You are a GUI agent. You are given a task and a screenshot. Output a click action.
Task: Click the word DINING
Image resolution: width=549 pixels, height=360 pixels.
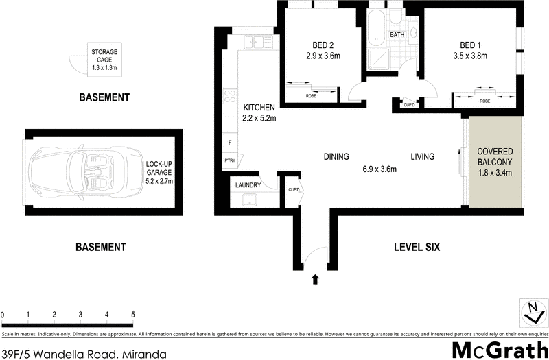[x=336, y=156]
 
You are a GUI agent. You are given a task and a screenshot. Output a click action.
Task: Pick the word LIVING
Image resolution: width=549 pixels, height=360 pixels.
[x=423, y=156]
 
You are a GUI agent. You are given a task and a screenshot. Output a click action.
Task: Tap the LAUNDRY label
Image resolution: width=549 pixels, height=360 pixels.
[x=248, y=185]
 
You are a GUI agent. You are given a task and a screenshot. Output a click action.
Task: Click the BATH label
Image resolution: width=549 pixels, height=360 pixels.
[x=397, y=34]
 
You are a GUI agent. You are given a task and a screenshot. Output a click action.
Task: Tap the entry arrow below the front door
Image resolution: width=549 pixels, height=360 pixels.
[x=316, y=279]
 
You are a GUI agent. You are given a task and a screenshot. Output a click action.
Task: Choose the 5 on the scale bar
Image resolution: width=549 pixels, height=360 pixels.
[x=133, y=315]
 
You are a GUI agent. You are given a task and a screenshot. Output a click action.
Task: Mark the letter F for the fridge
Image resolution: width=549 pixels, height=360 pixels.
[x=229, y=144]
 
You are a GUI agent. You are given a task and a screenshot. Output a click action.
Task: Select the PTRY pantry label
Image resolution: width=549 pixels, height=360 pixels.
[x=229, y=161]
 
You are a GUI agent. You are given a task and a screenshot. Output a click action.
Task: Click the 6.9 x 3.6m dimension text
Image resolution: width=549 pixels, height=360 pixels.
[x=379, y=169]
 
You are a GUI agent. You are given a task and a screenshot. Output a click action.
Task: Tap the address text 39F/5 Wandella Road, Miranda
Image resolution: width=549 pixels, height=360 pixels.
[x=83, y=354]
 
